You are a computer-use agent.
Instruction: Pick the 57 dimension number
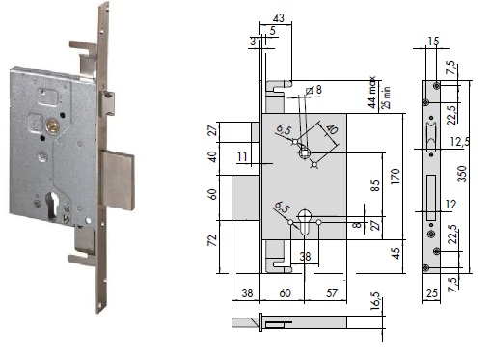pyautogui.click(x=331, y=292)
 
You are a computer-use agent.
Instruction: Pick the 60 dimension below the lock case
pyautogui.click(x=285, y=292)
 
